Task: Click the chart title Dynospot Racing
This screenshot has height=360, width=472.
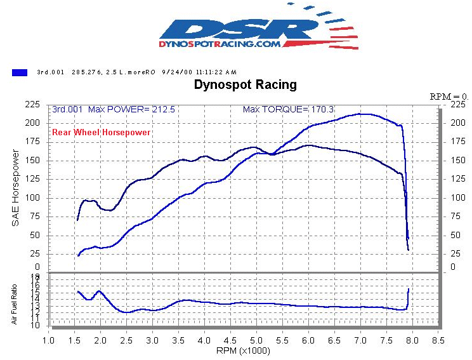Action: pyautogui.click(x=245, y=84)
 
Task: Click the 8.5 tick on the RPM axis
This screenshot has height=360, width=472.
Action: pyautogui.click(x=437, y=340)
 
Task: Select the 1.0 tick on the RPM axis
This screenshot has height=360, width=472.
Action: pyautogui.click(x=49, y=340)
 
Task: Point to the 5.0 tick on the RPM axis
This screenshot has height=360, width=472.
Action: pyautogui.click(x=256, y=340)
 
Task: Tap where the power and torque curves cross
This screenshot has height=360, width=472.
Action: pyautogui.click(x=271, y=154)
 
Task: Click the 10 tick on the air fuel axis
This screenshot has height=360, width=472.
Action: pyautogui.click(x=36, y=326)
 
